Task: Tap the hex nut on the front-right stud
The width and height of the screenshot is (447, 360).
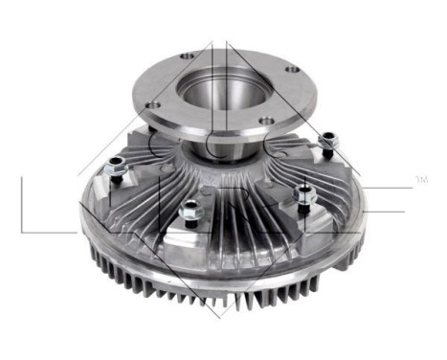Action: [x=304, y=191]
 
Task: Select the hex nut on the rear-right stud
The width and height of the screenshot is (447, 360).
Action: [x=324, y=144]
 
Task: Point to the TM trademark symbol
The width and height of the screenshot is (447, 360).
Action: [x=421, y=179]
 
